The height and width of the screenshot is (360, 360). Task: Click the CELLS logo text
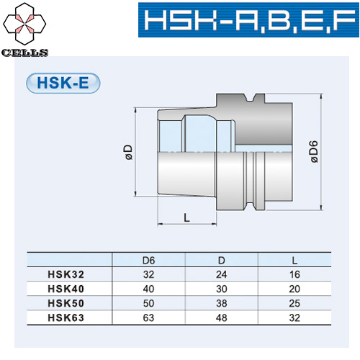point(24,53)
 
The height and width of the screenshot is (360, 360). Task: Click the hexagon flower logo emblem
point(25,24)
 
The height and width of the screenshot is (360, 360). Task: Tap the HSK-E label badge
point(63,82)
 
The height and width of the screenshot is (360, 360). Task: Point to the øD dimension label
point(127,153)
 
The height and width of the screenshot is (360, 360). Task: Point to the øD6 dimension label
point(314,153)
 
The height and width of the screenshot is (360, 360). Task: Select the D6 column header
point(150,259)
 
